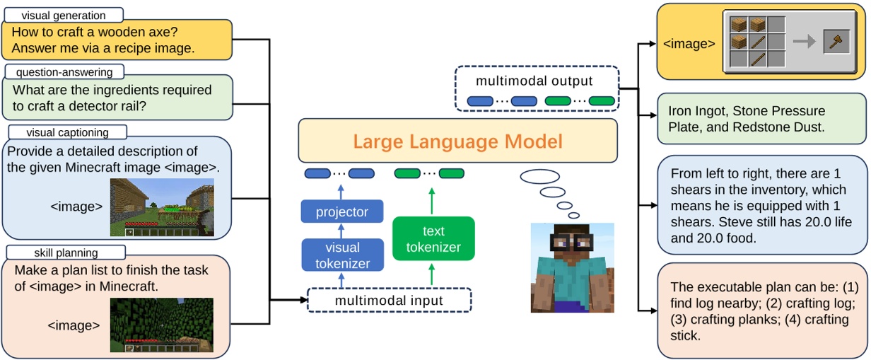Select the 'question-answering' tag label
pyautogui.click(x=64, y=71)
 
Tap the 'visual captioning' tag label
pyautogui.click(x=67, y=132)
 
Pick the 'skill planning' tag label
pyautogui.click(x=66, y=252)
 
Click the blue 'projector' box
pyautogui.click(x=342, y=211)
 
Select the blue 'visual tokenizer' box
pyautogui.click(x=342, y=255)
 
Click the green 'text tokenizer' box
pyautogui.click(x=433, y=239)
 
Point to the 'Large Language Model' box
pyautogui.click(x=457, y=141)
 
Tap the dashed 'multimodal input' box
pyautogui.click(x=390, y=300)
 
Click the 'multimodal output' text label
pyautogui.click(x=534, y=81)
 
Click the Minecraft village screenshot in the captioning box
pyautogui.click(x=162, y=207)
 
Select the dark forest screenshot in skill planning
pyautogui.click(x=161, y=325)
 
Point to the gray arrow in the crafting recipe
pyautogui.click(x=803, y=42)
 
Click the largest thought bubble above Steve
pyautogui.click(x=542, y=177)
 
